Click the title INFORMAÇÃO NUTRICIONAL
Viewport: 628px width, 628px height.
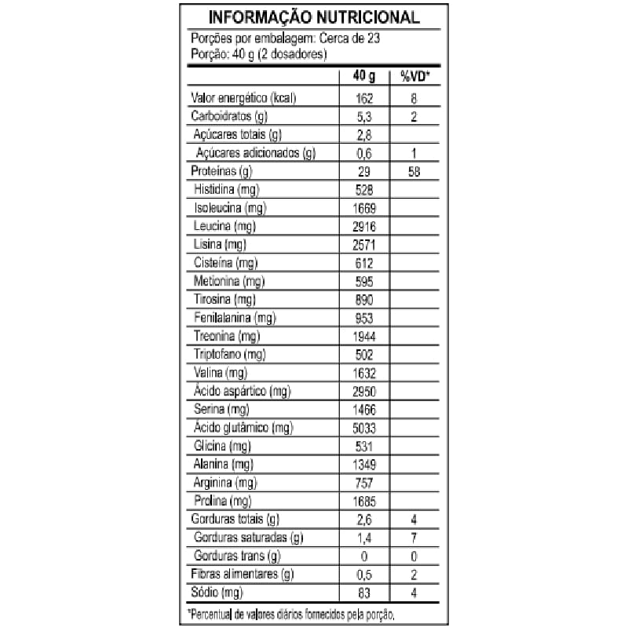tap(313, 17)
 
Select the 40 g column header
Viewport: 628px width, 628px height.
tap(363, 76)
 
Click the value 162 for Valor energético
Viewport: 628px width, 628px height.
tap(363, 99)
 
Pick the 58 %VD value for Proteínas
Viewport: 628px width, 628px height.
tap(413, 171)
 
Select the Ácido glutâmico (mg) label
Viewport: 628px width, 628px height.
tap(243, 428)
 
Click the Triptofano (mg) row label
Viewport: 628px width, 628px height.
tap(233, 354)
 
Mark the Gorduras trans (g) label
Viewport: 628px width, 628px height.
tap(235, 556)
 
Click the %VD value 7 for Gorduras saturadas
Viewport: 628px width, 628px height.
tap(413, 538)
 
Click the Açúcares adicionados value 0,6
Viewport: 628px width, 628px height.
tap(363, 153)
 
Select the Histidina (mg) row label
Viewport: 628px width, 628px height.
tap(228, 189)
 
